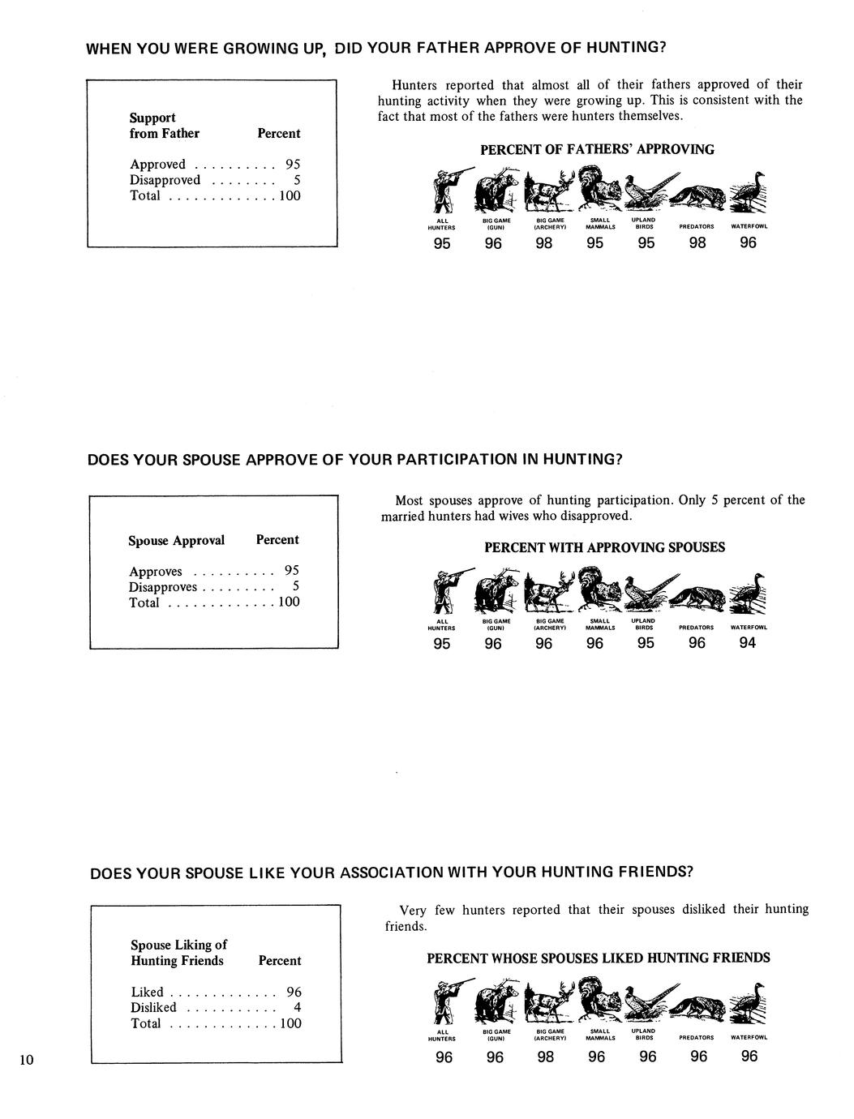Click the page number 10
point(27,1059)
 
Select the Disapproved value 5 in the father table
point(297,180)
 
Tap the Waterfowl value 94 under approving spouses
point(748,643)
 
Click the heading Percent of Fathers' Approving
point(597,149)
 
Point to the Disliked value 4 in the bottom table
point(298,1007)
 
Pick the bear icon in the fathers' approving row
point(496,193)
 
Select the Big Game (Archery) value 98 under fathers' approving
point(544,242)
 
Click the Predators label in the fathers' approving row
point(697,227)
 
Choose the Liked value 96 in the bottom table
point(294,992)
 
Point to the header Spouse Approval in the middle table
point(176,540)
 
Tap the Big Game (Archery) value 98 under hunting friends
point(546,1057)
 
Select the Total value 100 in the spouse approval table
point(289,602)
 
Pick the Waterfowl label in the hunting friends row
point(749,1037)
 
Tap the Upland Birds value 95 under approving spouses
point(646,643)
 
